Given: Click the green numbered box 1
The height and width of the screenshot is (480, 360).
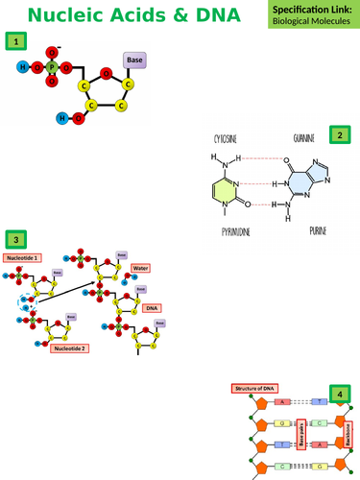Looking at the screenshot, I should coord(15,40).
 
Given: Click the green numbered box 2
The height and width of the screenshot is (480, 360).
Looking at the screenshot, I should coord(338,135).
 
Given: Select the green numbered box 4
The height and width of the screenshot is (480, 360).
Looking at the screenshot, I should coord(337,394).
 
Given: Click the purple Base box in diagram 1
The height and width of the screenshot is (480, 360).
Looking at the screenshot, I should coord(135,60).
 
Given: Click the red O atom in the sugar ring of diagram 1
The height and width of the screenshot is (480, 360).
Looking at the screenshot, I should coord(106,73).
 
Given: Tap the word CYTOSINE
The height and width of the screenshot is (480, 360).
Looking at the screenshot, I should coord(227,137).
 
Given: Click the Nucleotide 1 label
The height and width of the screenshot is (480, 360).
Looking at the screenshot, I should coord(22,258).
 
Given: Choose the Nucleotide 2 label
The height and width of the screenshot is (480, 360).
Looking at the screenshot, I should coord(69,348).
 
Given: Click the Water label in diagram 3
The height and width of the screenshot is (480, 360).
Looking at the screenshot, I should coord(140,268).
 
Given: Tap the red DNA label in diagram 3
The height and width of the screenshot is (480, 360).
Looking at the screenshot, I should coord(151,308).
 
